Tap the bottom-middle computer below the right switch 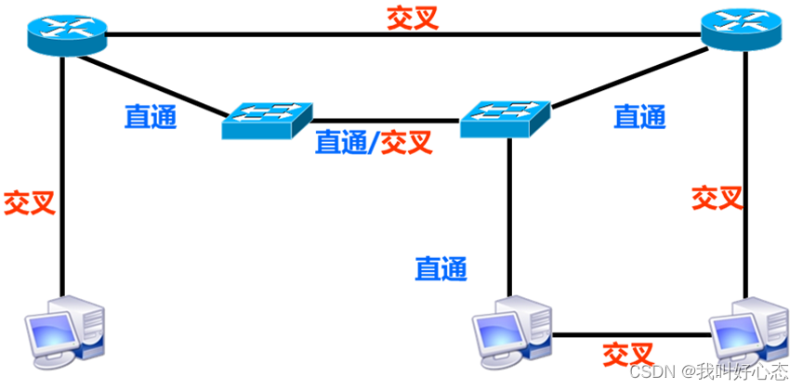510,329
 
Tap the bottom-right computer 748,331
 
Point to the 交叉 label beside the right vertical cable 717,197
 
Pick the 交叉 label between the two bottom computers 628,355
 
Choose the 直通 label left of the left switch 151,117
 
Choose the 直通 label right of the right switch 639,116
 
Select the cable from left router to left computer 62,186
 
